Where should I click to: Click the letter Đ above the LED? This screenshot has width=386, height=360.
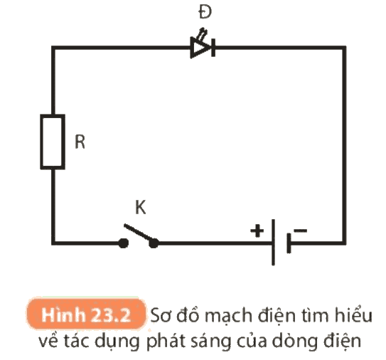205,12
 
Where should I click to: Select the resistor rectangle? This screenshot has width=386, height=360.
53,142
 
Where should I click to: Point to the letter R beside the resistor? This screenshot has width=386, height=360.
80,142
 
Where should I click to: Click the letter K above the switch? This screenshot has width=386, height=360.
141,208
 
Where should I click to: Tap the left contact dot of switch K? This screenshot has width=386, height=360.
123,243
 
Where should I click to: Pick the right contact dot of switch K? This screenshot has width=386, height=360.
154,243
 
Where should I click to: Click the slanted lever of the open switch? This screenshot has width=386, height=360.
139,232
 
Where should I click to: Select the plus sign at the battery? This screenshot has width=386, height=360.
257,231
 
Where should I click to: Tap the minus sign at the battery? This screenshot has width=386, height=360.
301,231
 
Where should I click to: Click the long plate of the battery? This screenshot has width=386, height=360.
273,242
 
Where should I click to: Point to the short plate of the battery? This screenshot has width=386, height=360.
289,243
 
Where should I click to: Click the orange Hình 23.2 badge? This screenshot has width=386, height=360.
86,314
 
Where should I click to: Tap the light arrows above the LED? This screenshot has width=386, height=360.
203,33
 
